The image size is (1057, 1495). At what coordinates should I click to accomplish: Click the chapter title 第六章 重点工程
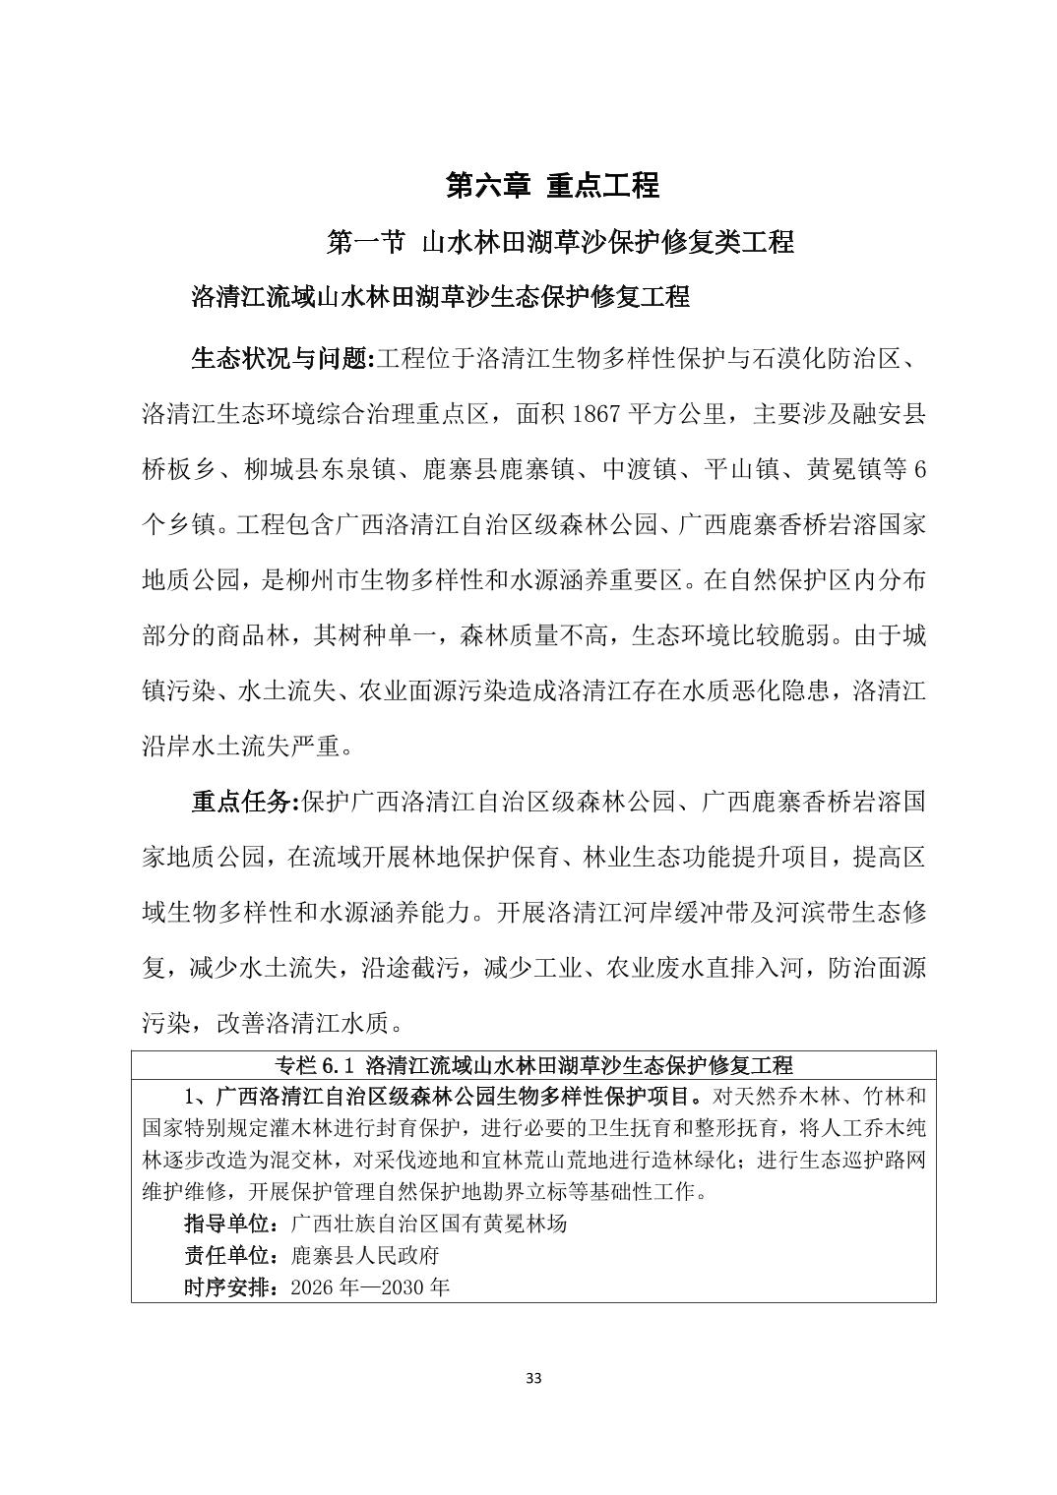click(552, 185)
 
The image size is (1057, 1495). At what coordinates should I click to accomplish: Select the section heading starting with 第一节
click(559, 242)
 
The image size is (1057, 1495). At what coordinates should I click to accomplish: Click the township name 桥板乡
click(178, 470)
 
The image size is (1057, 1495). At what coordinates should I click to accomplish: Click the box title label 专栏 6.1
click(316, 1065)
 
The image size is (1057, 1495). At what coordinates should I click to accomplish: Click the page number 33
click(533, 1378)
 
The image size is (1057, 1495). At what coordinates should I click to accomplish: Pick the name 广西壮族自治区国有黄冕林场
click(430, 1225)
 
